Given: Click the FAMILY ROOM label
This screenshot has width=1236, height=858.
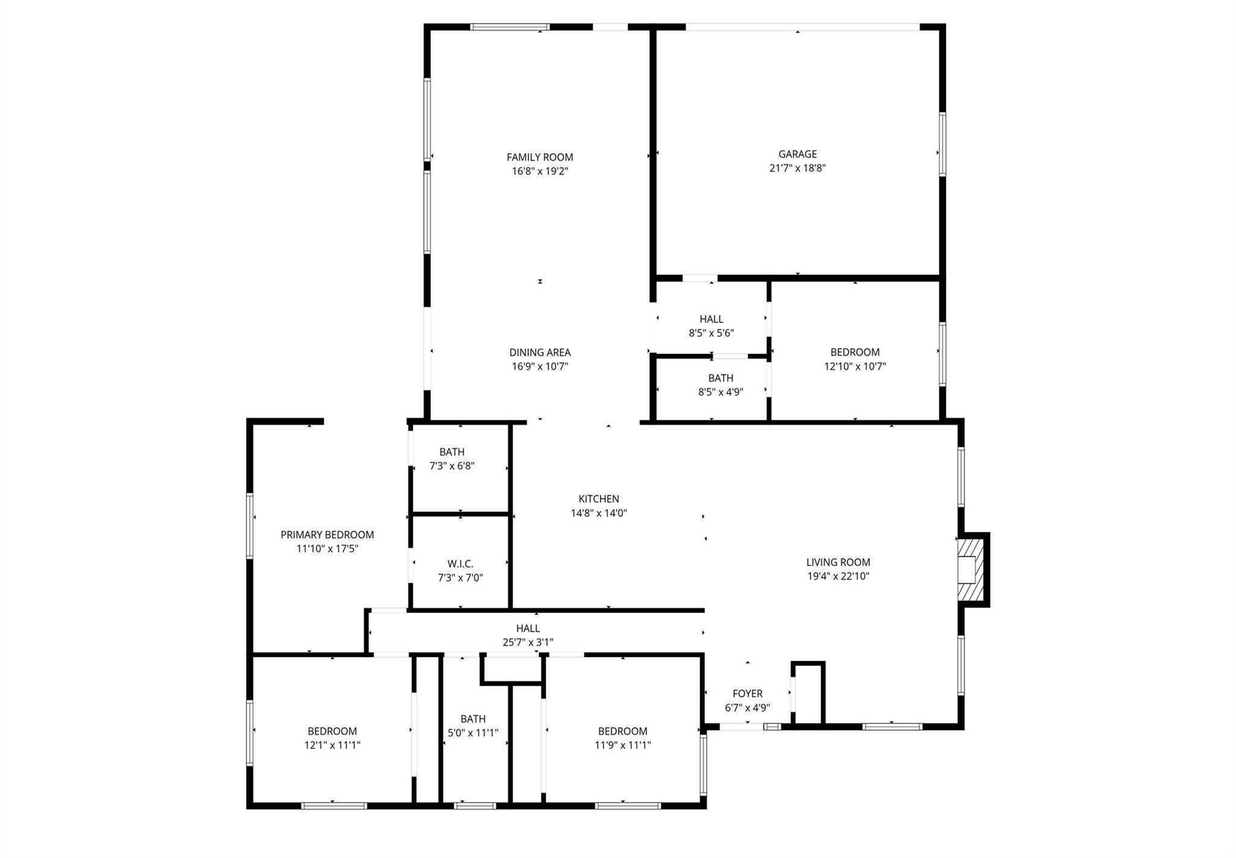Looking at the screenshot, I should point(540,158).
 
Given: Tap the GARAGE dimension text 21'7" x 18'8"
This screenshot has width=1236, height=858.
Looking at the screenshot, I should point(797,168).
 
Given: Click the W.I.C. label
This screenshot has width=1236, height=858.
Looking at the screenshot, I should point(460,564).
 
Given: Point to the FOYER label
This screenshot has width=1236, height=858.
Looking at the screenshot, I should point(747,694).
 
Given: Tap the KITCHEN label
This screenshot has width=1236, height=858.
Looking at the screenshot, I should point(599,499).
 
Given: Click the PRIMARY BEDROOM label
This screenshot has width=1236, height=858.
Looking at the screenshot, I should point(327,535).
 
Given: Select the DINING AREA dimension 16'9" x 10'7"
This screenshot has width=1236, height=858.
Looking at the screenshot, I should point(540,367).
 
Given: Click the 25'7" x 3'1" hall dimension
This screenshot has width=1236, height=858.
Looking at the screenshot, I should point(527,642).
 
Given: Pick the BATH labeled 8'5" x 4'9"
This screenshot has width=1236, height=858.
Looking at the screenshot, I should point(720,379).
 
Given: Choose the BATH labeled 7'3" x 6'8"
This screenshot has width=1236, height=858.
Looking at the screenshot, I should point(451,452).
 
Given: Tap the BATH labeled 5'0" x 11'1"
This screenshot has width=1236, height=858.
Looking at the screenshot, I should point(473,719).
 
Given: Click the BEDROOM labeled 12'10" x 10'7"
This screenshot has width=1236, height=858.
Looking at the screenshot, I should point(855,353).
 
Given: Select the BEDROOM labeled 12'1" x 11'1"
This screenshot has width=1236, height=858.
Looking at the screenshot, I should point(332,731).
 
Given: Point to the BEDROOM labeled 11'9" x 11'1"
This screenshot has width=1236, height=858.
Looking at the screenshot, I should point(622,731).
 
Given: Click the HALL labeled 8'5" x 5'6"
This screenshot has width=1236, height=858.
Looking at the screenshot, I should point(711,319).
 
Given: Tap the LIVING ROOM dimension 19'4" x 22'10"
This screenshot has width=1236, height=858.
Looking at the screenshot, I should point(838,576).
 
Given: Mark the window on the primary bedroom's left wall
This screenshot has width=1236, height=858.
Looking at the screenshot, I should point(250,525).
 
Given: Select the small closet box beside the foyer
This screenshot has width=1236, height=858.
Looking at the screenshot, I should point(808,693).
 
